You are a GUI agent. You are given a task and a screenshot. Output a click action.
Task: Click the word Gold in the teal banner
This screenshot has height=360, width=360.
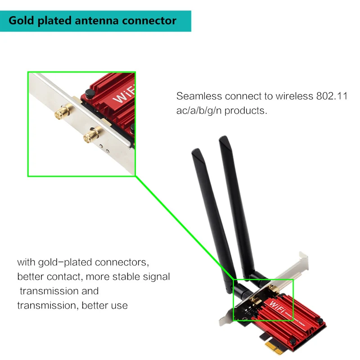click(22, 21)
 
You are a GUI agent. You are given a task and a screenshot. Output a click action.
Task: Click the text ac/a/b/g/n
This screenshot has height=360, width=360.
click(201, 110)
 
